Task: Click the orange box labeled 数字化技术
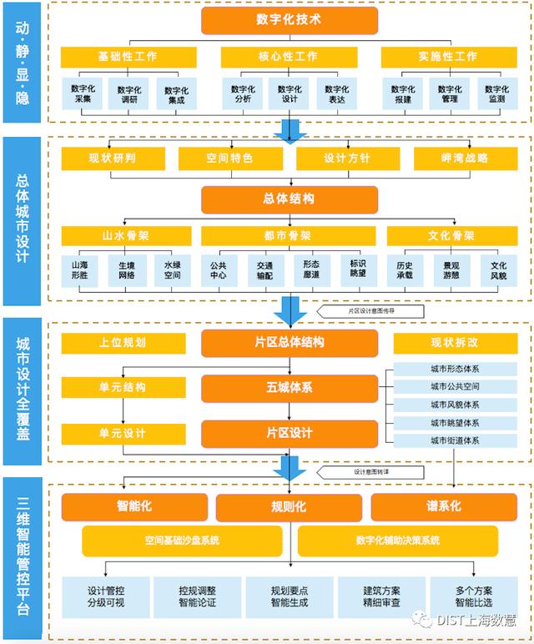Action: (290, 20)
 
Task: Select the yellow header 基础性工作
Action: (127, 57)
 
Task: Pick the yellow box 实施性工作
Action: (448, 57)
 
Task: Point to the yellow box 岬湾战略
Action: (464, 158)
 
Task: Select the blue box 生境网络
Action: (127, 269)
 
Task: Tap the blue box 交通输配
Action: (265, 269)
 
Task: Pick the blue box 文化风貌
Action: (498, 269)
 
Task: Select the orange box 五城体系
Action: (290, 387)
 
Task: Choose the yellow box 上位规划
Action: (123, 342)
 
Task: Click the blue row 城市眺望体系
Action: (454, 423)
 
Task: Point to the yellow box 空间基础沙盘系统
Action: (181, 541)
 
